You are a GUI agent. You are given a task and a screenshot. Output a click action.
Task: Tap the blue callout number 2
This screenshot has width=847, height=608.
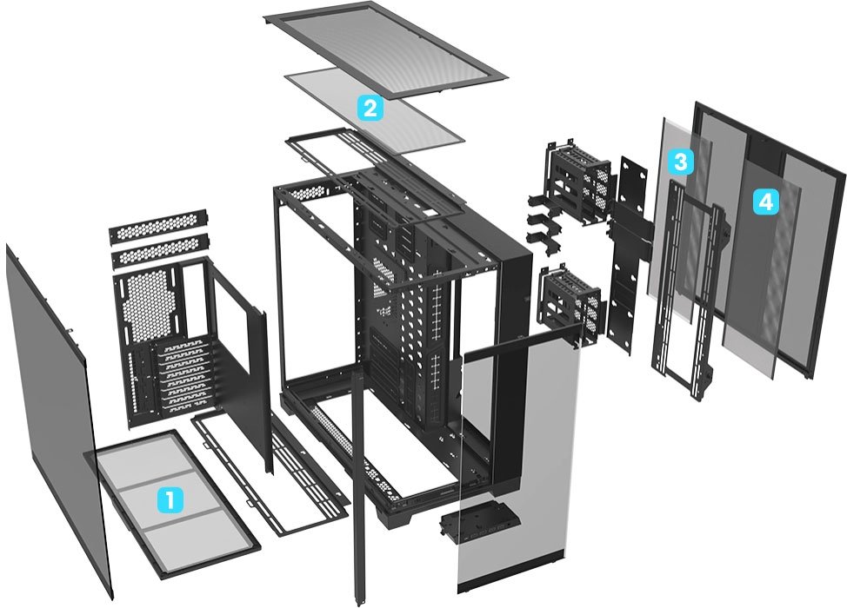coord(371,109)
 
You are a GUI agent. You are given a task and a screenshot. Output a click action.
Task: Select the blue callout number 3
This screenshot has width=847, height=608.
coord(681,161)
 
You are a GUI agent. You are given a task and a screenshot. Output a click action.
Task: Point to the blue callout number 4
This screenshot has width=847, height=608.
coord(766,202)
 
